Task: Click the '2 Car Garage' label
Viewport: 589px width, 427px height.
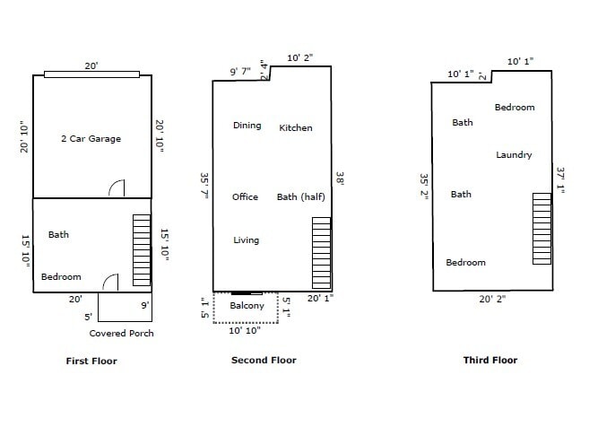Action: (90, 139)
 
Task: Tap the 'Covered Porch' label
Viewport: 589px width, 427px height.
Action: (121, 333)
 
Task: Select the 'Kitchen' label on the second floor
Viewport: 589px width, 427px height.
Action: (296, 128)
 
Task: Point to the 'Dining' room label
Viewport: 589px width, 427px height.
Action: (247, 126)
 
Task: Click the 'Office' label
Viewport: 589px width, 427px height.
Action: (245, 197)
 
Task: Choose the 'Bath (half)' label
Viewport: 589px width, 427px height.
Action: (300, 197)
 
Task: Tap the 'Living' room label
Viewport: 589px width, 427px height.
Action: (246, 240)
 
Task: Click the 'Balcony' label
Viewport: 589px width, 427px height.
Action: (247, 306)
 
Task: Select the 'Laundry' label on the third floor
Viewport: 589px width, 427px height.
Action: (514, 155)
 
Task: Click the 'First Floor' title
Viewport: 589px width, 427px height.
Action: (91, 362)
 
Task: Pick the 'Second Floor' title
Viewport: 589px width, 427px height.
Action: (264, 361)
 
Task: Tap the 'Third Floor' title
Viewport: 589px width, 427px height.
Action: (489, 361)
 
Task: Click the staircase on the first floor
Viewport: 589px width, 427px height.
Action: (142, 249)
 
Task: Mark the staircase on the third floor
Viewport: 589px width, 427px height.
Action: (541, 228)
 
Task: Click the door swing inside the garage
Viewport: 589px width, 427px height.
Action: (117, 187)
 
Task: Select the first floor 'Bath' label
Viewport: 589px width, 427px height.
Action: (58, 235)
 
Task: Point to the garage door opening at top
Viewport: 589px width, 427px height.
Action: (91, 74)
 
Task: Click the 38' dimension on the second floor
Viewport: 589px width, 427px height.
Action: (340, 179)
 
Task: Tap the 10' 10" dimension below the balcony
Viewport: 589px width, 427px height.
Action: (246, 331)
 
